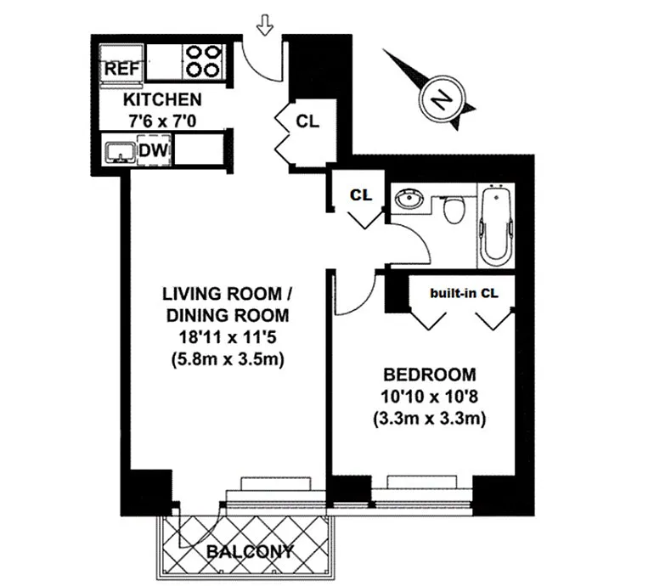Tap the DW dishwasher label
pyautogui.click(x=153, y=151)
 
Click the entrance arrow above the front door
pyautogui.click(x=264, y=27)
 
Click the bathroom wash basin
pyautogui.click(x=410, y=200)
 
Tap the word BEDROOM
pyautogui.click(x=429, y=375)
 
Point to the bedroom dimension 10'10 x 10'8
pyautogui.click(x=429, y=397)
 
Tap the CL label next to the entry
pyautogui.click(x=307, y=121)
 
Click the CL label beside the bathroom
pyautogui.click(x=361, y=194)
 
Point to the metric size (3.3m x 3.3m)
pyautogui.click(x=429, y=418)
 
